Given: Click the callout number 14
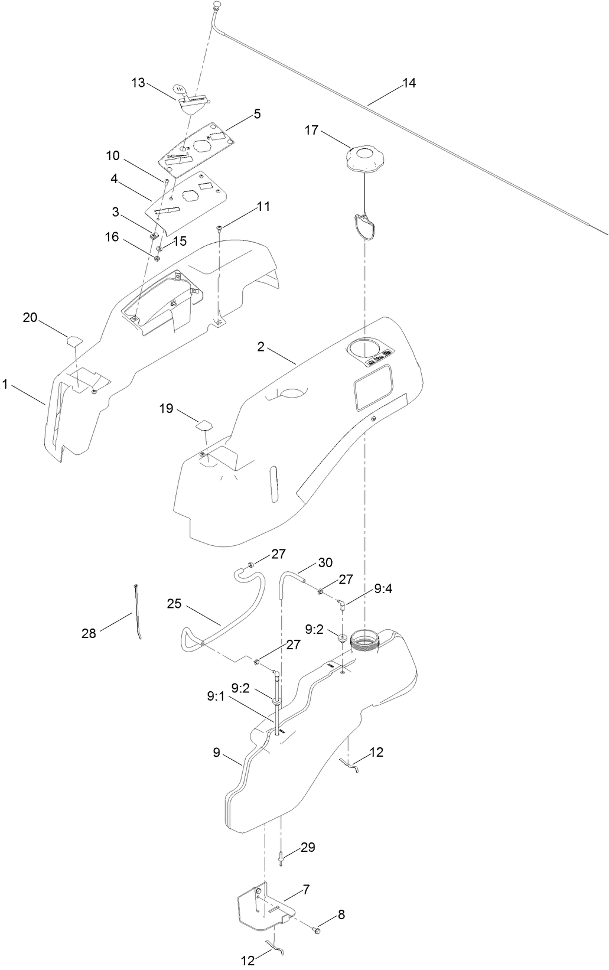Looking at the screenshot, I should [409, 83].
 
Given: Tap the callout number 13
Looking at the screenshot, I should [138, 83].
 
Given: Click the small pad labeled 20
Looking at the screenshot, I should [74, 340].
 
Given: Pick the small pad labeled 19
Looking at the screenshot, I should [204, 424].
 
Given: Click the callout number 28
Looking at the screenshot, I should [89, 634].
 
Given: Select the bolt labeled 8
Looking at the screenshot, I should [318, 930].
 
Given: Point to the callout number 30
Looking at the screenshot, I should [325, 562].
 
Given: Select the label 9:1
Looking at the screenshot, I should [216, 696].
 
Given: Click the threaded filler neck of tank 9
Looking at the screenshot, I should [364, 640].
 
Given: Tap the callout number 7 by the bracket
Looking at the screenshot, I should [307, 888].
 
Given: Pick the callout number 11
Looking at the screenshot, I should [263, 206].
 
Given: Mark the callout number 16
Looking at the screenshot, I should [112, 237].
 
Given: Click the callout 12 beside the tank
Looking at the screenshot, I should [376, 752].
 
